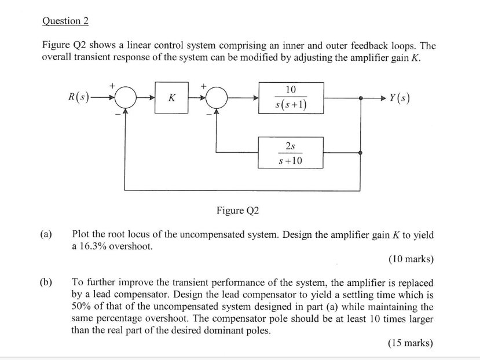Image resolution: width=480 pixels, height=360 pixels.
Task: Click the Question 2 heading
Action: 65,21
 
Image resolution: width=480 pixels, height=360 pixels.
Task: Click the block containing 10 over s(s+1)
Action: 290,97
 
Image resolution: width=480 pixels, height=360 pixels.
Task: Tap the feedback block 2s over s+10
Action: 290,153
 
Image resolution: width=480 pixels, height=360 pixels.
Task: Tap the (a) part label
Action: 46,236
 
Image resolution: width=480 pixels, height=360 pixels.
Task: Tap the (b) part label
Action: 46,282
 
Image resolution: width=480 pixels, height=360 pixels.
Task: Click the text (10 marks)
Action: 411,259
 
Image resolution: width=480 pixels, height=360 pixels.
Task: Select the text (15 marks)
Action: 411,343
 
